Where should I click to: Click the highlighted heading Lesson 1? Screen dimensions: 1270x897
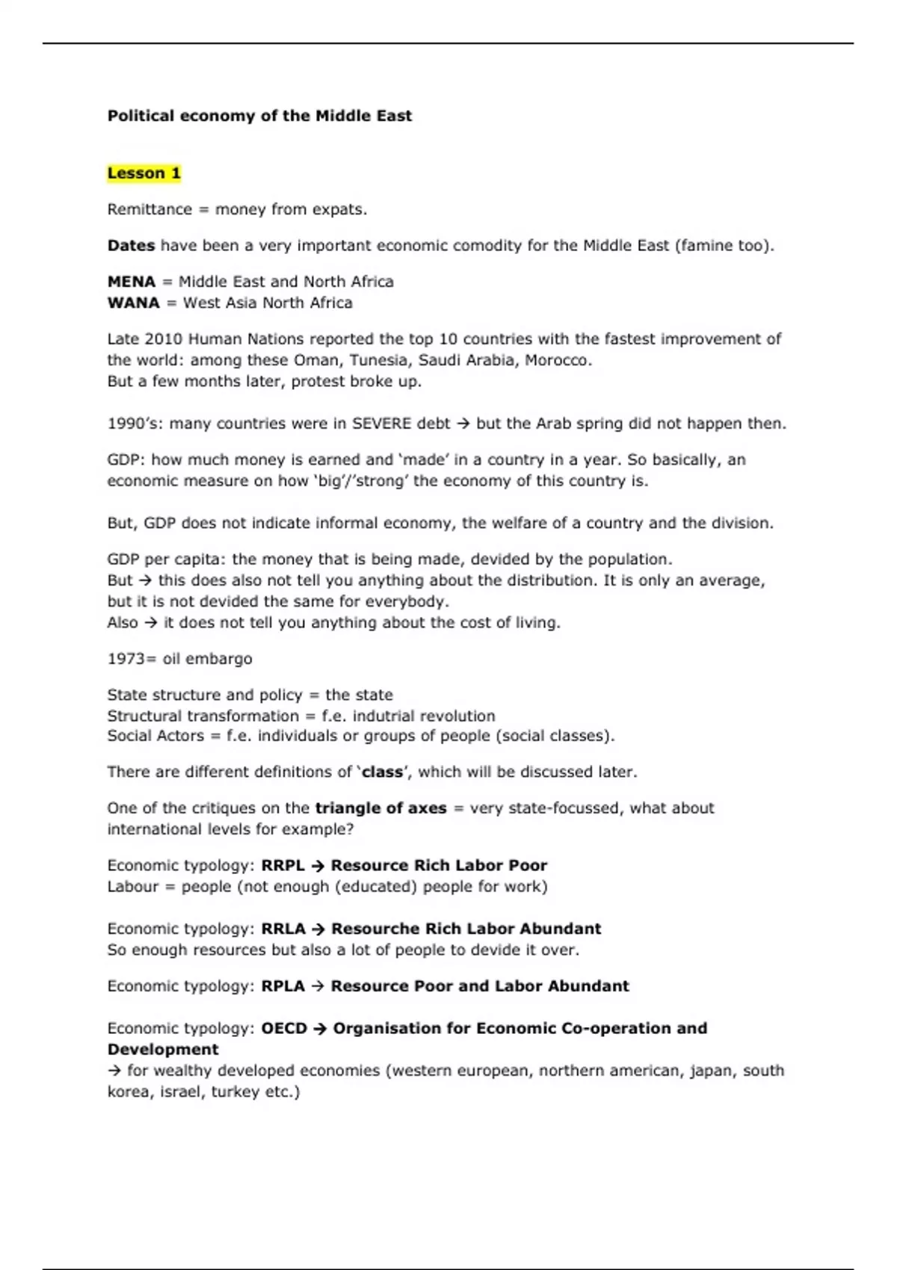coord(144,173)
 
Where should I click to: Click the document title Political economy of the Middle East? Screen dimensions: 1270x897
coord(259,116)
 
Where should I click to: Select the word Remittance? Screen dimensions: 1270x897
coord(149,209)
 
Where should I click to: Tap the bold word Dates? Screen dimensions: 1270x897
coord(131,246)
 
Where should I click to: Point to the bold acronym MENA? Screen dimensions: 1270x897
coord(131,282)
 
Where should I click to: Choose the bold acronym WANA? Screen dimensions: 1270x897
coord(133,303)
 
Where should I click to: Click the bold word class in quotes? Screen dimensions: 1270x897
coord(382,772)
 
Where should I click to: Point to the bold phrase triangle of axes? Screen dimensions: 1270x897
coord(380,808)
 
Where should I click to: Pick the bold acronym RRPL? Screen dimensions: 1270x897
coord(283,865)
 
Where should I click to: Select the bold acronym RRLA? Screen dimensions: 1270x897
coord(283,929)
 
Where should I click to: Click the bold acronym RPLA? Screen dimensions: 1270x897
coord(283,986)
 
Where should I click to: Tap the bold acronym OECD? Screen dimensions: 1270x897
coord(284,1028)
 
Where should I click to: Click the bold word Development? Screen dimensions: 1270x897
coord(163,1049)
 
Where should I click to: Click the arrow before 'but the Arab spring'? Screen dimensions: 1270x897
coord(463,424)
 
